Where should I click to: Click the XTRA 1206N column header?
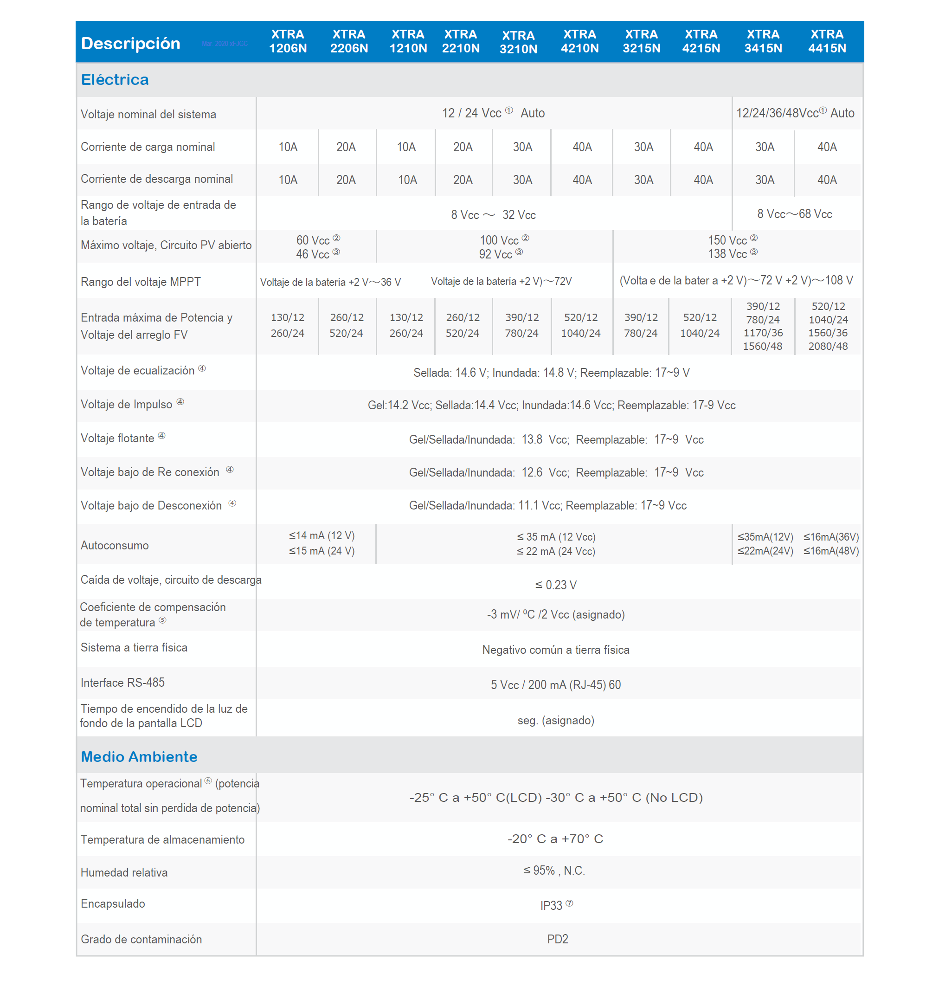tap(288, 41)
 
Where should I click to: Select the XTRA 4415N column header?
tap(827, 41)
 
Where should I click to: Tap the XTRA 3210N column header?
tap(518, 42)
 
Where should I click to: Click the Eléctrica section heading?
tap(115, 79)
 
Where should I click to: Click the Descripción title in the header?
tap(130, 44)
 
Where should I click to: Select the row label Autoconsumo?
tap(115, 545)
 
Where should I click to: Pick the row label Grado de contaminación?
tap(141, 939)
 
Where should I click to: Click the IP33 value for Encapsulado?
tap(552, 905)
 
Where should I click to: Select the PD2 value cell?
tap(557, 939)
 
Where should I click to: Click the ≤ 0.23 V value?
tap(555, 585)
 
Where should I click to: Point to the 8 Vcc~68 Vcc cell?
tap(794, 214)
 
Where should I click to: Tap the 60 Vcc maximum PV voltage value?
tap(313, 240)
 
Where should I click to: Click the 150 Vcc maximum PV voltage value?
tap(727, 240)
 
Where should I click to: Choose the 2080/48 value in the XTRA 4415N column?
tap(828, 346)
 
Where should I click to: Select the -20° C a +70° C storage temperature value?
tap(555, 838)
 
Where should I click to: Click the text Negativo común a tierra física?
tap(555, 650)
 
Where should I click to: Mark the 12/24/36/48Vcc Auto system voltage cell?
tap(795, 113)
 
